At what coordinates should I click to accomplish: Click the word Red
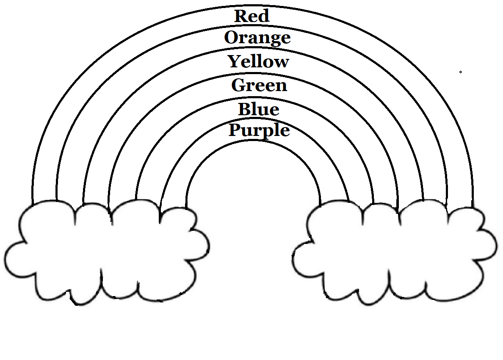coord(252,16)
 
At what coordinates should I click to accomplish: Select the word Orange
coord(257,38)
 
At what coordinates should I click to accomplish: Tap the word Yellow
coord(259,62)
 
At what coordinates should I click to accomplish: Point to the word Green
coord(259,86)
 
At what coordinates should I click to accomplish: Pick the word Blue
coord(259,109)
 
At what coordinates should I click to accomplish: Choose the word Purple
coord(259,130)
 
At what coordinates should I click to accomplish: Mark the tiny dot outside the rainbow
coord(461,72)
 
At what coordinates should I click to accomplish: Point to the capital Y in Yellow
coord(235,61)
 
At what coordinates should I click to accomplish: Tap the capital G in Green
coord(238,85)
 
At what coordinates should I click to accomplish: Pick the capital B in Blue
coord(245,109)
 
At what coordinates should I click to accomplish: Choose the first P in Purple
coord(235,130)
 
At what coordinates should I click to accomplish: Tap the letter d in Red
coord(263,16)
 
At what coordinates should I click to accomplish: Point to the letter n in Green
coord(281,86)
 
